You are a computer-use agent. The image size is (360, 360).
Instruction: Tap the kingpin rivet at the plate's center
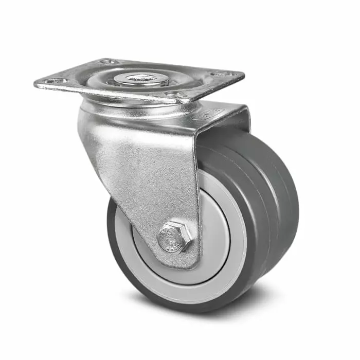140,79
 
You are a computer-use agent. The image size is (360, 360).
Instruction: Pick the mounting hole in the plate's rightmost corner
225,74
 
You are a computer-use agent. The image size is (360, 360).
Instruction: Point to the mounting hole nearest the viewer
175,95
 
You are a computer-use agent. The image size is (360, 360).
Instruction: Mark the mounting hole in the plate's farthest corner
109,62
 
